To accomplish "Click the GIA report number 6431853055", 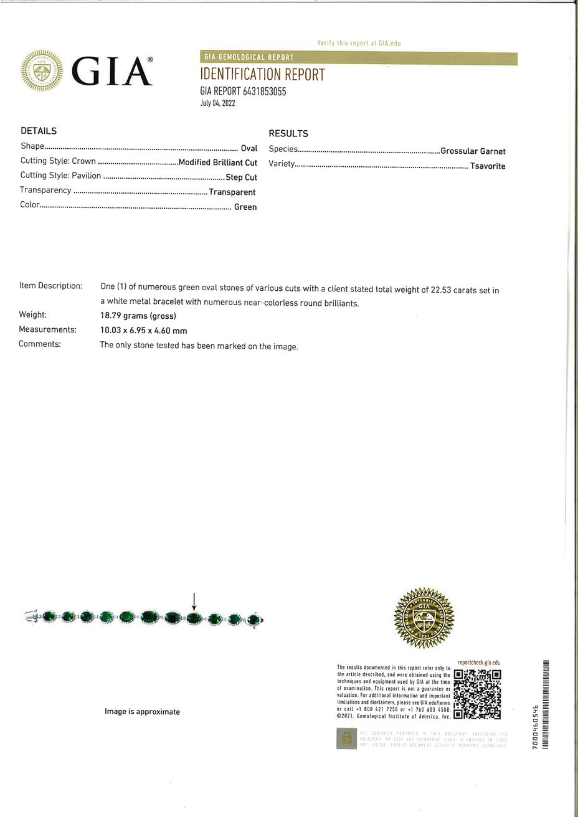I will (243, 92).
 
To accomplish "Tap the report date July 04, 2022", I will (217, 103).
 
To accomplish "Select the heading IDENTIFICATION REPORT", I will (262, 75).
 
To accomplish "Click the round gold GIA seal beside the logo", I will (42, 71).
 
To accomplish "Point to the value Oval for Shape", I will (249, 148).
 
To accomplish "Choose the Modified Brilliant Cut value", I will (217, 163).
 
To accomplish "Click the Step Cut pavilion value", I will (241, 177).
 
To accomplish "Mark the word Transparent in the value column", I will (232, 192).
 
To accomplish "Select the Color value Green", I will (245, 207).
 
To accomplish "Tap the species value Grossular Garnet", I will (473, 151).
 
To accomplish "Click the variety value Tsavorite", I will (488, 166).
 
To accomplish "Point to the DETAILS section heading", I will (39, 131).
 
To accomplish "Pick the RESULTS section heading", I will (288, 133).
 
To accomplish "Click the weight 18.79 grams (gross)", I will (138, 316).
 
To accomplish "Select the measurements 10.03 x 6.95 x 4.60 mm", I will (143, 331).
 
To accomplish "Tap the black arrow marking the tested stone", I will (194, 602).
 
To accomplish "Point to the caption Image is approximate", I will (142, 712).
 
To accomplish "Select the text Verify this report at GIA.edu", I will (358, 43).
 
